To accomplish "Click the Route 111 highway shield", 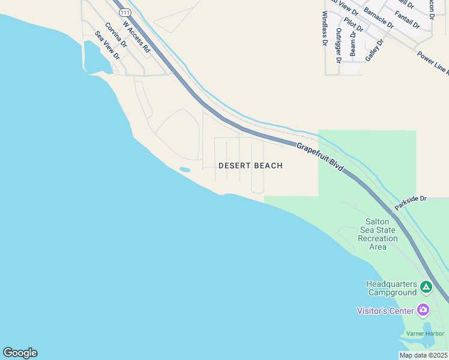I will pyautogui.click(x=124, y=13).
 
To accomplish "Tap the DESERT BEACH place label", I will pyautogui.click(x=250, y=166).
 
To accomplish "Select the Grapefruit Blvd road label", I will pyautogui.click(x=320, y=157).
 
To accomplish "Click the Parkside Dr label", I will pyautogui.click(x=411, y=202).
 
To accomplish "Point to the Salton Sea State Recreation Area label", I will pyautogui.click(x=378, y=234).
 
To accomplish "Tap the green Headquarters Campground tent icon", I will pyautogui.click(x=426, y=287).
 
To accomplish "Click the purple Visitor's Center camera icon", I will pyautogui.click(x=424, y=310).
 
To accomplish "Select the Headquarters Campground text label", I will pyautogui.click(x=392, y=288).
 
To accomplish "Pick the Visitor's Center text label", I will pyautogui.click(x=385, y=311).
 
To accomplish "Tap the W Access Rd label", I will pyautogui.click(x=136, y=37).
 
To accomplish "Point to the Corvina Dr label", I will pyautogui.click(x=116, y=35).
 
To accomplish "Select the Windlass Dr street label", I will pyautogui.click(x=325, y=29).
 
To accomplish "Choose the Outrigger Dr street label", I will pyautogui.click(x=339, y=46).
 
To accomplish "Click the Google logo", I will pyautogui.click(x=20, y=353).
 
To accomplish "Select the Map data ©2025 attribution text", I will pyautogui.click(x=423, y=355).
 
